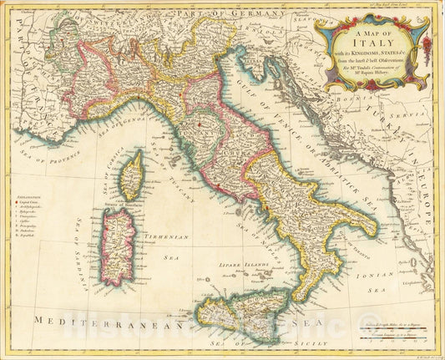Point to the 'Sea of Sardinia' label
tap(83, 242)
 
